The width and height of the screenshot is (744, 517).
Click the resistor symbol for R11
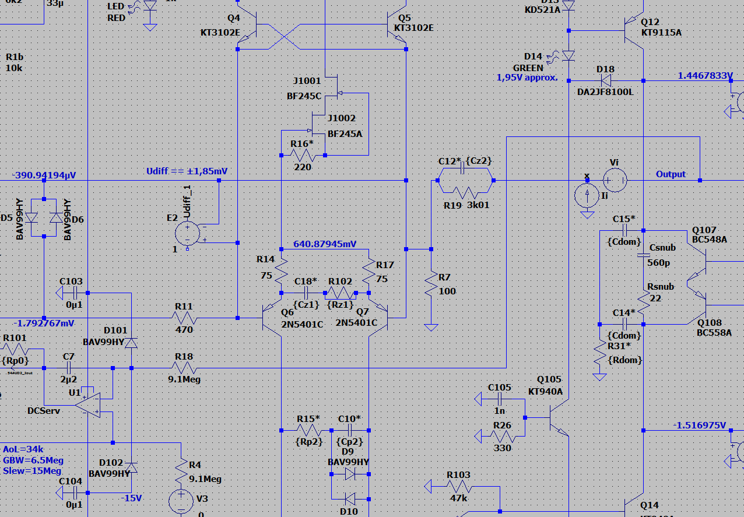pos(185,318)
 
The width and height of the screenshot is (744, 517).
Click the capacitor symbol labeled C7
pos(68,368)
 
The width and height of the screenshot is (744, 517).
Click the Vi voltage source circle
pos(615,180)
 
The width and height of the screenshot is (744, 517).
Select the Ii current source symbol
pos(588,196)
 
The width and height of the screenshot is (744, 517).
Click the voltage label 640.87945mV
pos(325,244)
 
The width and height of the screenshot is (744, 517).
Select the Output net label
pos(671,174)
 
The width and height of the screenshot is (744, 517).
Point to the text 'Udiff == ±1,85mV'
pos(187,171)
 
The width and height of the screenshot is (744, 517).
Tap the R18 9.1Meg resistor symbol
pos(185,368)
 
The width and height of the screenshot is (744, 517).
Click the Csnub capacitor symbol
pos(644,255)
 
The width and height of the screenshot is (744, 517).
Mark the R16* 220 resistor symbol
pos(303,155)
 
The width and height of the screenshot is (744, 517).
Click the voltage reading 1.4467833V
pos(705,76)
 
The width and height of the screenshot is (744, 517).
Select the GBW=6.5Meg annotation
pos(33,460)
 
